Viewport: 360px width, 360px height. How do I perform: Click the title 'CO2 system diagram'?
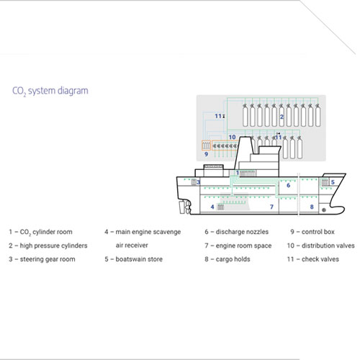pos(50,91)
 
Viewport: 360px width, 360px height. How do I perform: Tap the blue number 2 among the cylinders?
pos(282,117)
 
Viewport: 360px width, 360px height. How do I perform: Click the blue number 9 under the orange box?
pos(206,154)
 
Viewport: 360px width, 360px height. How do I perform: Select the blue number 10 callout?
pos(232,137)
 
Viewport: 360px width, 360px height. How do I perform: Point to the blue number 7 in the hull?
pos(271,207)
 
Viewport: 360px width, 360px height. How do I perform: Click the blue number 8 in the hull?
pos(312,207)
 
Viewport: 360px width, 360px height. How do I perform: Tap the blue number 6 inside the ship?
pos(289,185)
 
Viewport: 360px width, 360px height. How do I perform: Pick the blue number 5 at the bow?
pos(333,182)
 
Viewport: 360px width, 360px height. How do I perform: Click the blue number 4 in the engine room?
pos(212,207)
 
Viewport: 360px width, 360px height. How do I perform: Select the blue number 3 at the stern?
pos(198,182)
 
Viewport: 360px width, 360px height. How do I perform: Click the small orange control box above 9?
pos(206,145)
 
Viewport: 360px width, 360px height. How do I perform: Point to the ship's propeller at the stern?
pos(185,207)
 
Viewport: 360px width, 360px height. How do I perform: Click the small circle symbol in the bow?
pos(324,210)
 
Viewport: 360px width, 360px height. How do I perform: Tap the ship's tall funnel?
pos(243,153)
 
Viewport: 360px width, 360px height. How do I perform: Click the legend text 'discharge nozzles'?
pos(242,232)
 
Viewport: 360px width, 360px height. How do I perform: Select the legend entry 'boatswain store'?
pos(139,259)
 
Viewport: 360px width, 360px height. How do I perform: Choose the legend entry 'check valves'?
pos(320,259)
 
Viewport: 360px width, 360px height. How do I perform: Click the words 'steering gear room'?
pos(48,259)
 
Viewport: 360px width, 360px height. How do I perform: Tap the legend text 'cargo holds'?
pos(233,259)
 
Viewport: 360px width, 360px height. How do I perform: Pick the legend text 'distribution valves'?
pos(328,246)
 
